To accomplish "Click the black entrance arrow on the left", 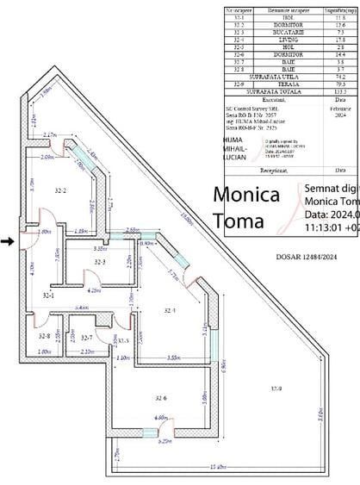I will (x=7, y=242).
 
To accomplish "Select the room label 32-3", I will (x=99, y=262).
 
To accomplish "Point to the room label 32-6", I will (x=160, y=398).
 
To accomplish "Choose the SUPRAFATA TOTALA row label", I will (x=267, y=91).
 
